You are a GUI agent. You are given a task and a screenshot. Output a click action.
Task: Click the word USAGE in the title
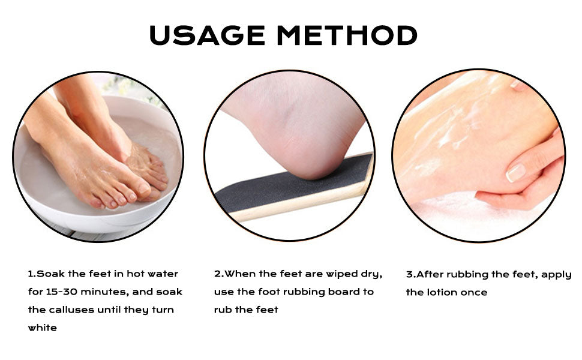tap(207, 35)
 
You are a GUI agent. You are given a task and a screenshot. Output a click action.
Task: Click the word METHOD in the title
tap(347, 35)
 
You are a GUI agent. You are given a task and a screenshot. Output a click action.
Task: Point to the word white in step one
tap(43, 328)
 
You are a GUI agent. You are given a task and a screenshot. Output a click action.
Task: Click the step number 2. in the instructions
tap(219, 274)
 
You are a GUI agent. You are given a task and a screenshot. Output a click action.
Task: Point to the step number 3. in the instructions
tap(411, 275)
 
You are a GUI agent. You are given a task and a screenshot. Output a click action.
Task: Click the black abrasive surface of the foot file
tap(282, 185)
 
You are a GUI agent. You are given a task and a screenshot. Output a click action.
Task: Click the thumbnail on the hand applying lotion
tap(516, 173)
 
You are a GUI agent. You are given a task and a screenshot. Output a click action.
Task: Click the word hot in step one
tap(135, 274)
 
